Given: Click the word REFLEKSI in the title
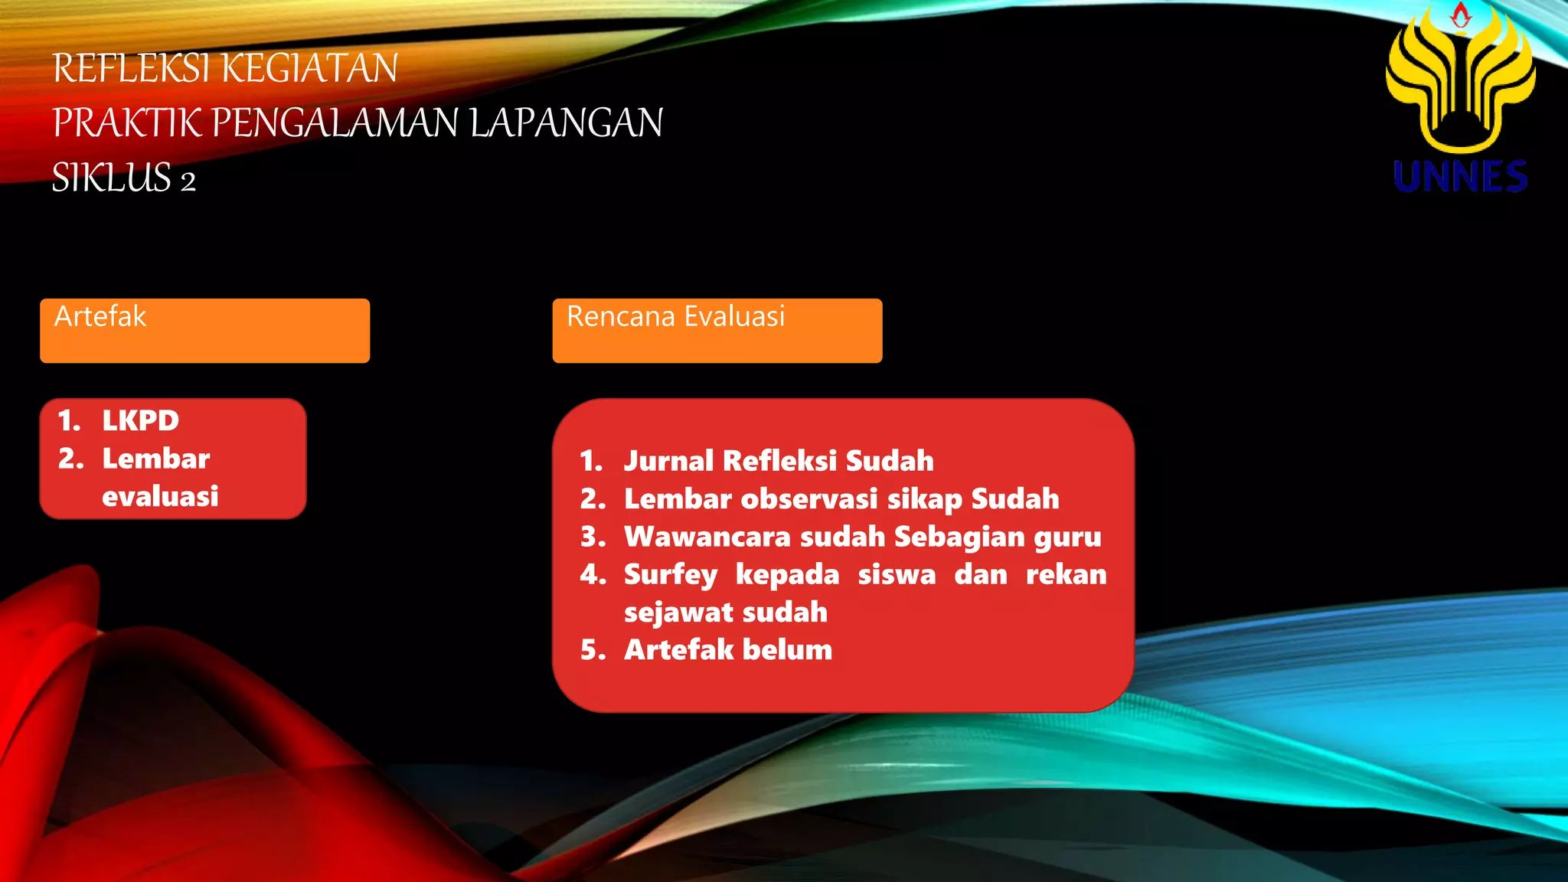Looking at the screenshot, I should point(130,68).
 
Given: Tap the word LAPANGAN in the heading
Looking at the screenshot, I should point(566,123).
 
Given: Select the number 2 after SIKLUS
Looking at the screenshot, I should point(188,181).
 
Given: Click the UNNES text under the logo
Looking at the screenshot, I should point(1460,177).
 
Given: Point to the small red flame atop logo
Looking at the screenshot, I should point(1461,15).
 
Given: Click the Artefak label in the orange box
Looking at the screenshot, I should point(100,316).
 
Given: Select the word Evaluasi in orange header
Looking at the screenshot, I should point(734,316).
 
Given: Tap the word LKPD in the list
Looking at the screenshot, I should point(140,420).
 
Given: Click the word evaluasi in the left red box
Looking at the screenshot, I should point(160,496).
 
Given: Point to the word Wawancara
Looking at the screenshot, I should point(707,537).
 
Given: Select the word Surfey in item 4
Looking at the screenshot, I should point(671,575).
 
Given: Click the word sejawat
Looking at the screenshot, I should point(678,612).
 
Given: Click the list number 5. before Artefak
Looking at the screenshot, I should point(593,650).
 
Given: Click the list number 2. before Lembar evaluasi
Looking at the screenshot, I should point(70,459).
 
